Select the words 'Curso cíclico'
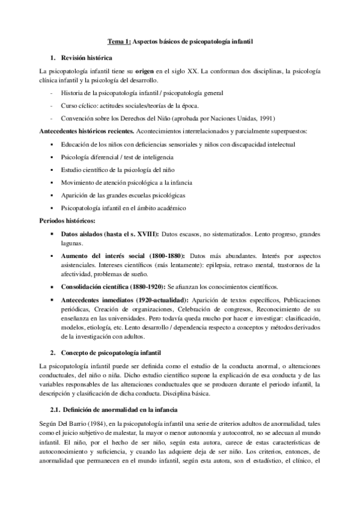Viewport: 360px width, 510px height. coord(80,105)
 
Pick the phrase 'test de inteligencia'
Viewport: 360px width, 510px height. coord(147,157)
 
